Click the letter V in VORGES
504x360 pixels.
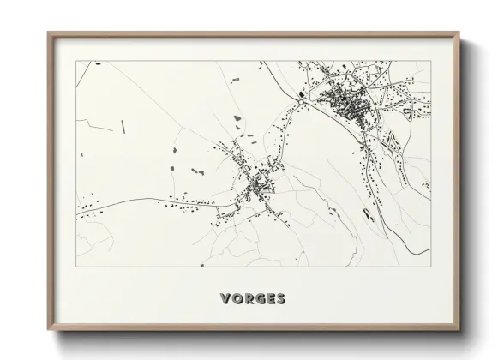225,299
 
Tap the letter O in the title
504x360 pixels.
237,299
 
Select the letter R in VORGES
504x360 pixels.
248,299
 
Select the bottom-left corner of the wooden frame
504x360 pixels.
48,330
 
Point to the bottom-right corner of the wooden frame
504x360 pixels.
459,330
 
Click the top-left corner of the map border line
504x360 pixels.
76,61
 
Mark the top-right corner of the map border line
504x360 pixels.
430,61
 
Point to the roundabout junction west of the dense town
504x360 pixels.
302,100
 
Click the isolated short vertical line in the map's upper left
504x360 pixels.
123,126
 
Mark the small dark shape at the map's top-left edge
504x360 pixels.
99,63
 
